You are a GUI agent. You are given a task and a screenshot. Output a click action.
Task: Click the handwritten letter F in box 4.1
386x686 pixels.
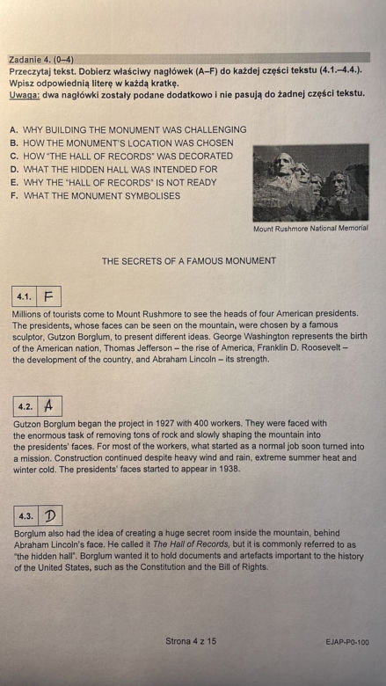pyautogui.click(x=48, y=296)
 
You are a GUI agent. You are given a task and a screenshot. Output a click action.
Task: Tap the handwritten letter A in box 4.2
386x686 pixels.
pyautogui.click(x=49, y=406)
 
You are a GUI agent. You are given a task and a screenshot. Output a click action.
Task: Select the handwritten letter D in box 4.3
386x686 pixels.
pyautogui.click(x=50, y=516)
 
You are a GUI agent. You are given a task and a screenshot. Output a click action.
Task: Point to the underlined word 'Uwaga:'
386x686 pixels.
pyautogui.click(x=25, y=93)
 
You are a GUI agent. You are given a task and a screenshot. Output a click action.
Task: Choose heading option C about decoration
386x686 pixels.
pyautogui.click(x=121, y=156)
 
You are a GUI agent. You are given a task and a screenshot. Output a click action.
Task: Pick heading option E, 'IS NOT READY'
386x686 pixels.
pyautogui.click(x=113, y=182)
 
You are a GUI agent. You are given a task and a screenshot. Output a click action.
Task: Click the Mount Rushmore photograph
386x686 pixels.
pyautogui.click(x=310, y=182)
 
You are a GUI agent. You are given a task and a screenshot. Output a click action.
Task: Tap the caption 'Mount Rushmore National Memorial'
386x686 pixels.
pyautogui.click(x=310, y=229)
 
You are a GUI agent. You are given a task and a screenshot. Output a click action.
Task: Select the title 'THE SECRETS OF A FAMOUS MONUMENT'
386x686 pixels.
pyautogui.click(x=189, y=261)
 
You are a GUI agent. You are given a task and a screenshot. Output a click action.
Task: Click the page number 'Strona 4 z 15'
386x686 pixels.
pyautogui.click(x=191, y=641)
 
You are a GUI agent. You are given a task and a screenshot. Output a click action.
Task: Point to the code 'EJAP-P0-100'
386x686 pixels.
pyautogui.click(x=347, y=642)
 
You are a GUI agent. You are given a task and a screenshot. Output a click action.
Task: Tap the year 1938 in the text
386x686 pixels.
pyautogui.click(x=231, y=469)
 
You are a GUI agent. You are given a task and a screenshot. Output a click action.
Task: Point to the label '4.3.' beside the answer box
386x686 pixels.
pyautogui.click(x=25, y=516)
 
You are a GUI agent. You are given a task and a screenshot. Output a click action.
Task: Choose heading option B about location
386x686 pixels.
pyautogui.click(x=121, y=142)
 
